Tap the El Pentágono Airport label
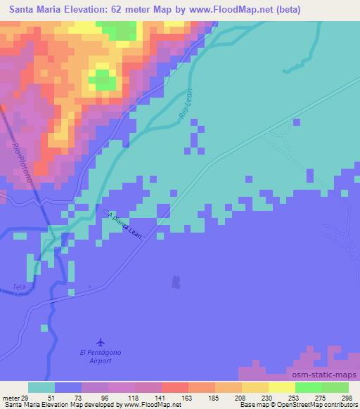pos(105,356)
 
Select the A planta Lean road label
pos(125,226)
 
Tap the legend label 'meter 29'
pos(13,397)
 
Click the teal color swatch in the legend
pos(41,387)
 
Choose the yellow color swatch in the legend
pos(281,387)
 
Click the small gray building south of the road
pos(176,282)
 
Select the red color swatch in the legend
pos(174,387)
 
